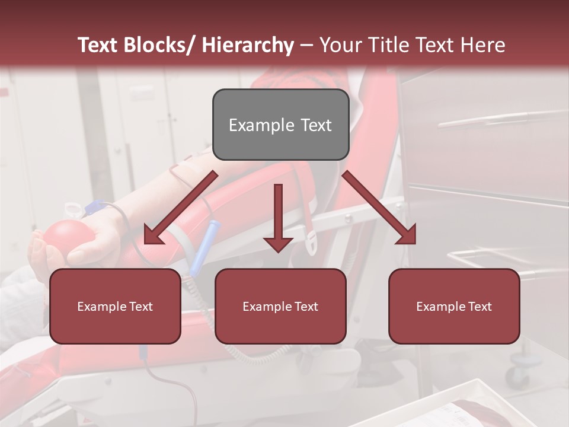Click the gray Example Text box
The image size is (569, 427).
(x=280, y=125)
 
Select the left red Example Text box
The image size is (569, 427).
(x=115, y=306)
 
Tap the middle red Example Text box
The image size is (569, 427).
(x=280, y=306)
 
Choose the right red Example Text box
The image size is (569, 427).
(x=454, y=306)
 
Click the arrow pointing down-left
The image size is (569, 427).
(x=178, y=208)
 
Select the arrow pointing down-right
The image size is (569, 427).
(x=379, y=208)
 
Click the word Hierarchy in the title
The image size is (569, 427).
(x=247, y=45)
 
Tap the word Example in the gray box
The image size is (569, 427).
(x=261, y=125)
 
